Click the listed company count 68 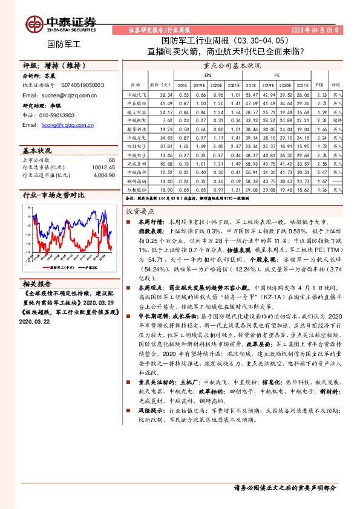tap(111, 160)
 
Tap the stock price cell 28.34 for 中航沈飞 tap(166, 95)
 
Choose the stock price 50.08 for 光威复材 tap(166, 164)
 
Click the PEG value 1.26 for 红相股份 tap(321, 189)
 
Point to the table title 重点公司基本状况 tap(232, 65)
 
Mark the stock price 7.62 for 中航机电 tap(167, 121)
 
